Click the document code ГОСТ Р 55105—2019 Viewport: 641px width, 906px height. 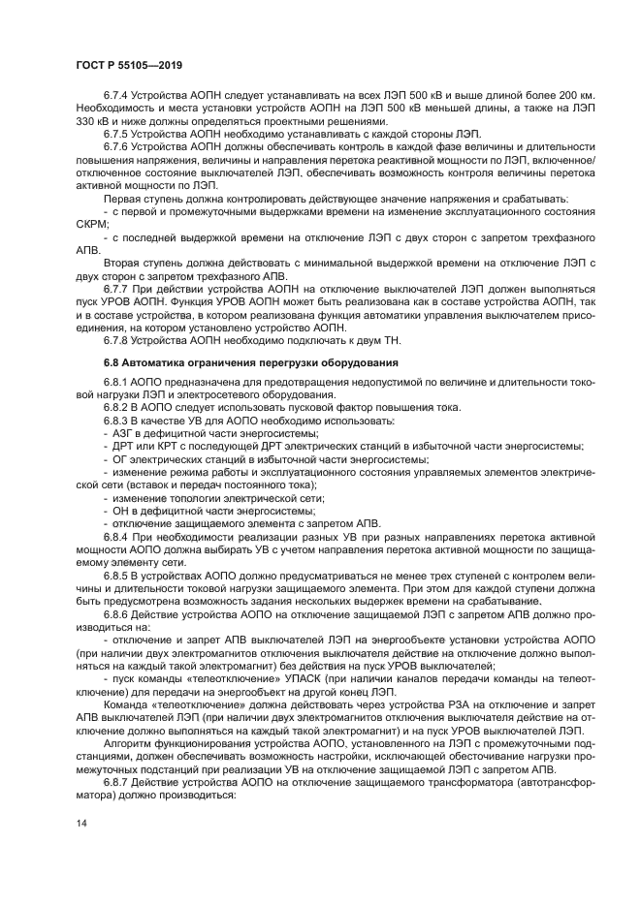click(129, 65)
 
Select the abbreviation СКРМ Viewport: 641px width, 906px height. click(93, 220)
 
